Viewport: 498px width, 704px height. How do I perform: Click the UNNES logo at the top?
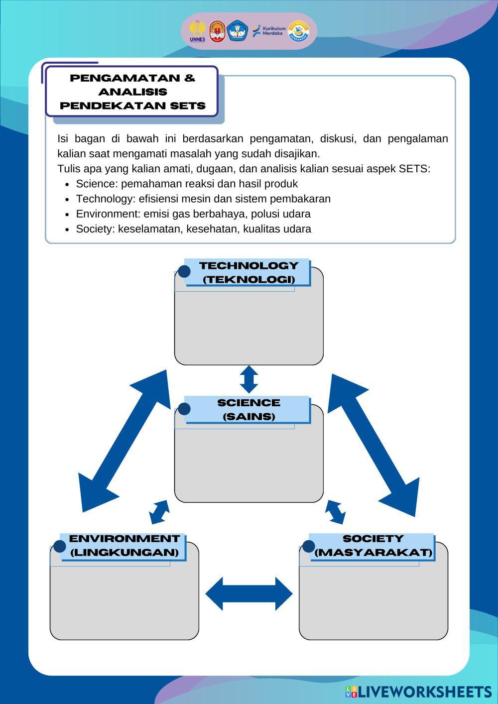[197, 31]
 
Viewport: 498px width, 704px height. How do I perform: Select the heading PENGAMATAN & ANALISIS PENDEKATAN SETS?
[132, 92]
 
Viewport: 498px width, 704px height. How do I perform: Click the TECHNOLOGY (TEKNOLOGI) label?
[249, 272]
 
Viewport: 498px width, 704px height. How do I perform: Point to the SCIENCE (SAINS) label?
[249, 409]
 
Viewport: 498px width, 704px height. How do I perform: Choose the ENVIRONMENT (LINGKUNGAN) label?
[124, 546]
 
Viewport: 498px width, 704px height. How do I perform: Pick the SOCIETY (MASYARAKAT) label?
[373, 546]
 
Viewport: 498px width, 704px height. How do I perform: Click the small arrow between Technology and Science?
[249, 379]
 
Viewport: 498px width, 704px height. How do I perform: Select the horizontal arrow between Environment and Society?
[249, 593]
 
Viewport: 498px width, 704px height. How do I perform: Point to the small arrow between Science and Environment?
[159, 512]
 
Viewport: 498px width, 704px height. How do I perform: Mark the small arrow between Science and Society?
[335, 512]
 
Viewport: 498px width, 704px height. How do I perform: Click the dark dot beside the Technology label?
[184, 271]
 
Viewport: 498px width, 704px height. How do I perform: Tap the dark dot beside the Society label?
[309, 546]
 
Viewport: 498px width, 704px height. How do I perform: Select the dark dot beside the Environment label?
[60, 546]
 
